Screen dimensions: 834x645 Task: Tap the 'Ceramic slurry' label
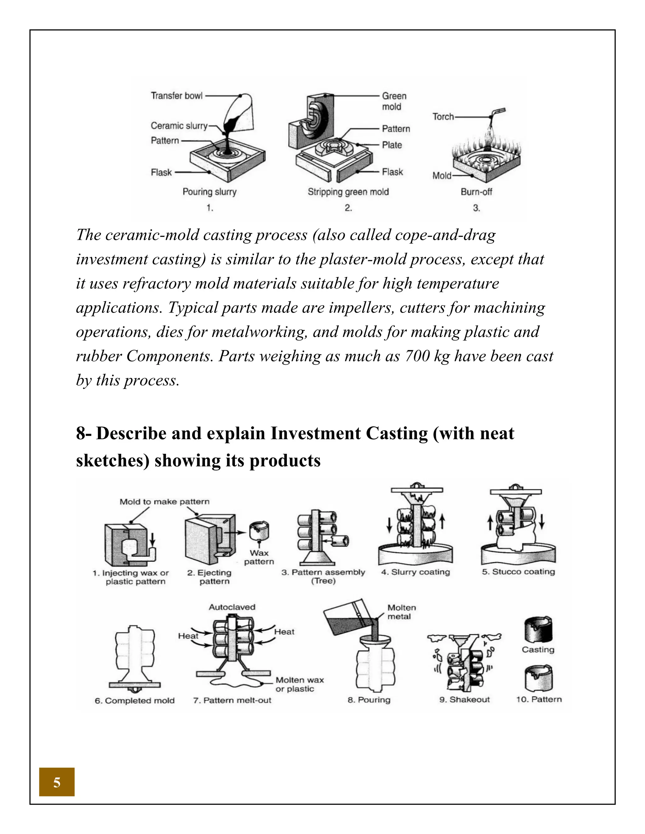click(179, 126)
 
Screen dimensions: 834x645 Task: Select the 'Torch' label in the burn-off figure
click(443, 116)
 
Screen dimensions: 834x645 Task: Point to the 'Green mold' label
click(394, 101)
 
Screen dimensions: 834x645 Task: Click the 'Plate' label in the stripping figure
click(392, 145)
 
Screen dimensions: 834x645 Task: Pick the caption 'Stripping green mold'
click(348, 192)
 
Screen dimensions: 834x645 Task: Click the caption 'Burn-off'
click(476, 192)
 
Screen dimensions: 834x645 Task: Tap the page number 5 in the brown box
click(57, 782)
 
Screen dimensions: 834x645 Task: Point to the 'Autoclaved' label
click(232, 607)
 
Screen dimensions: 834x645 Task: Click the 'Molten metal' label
click(401, 612)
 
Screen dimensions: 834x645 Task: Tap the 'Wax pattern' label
click(259, 557)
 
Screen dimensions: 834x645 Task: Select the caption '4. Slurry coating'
click(415, 572)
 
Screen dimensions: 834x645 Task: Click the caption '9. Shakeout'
click(464, 699)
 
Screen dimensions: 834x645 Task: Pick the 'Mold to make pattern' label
click(164, 501)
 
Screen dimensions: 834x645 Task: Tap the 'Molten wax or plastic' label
click(300, 684)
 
